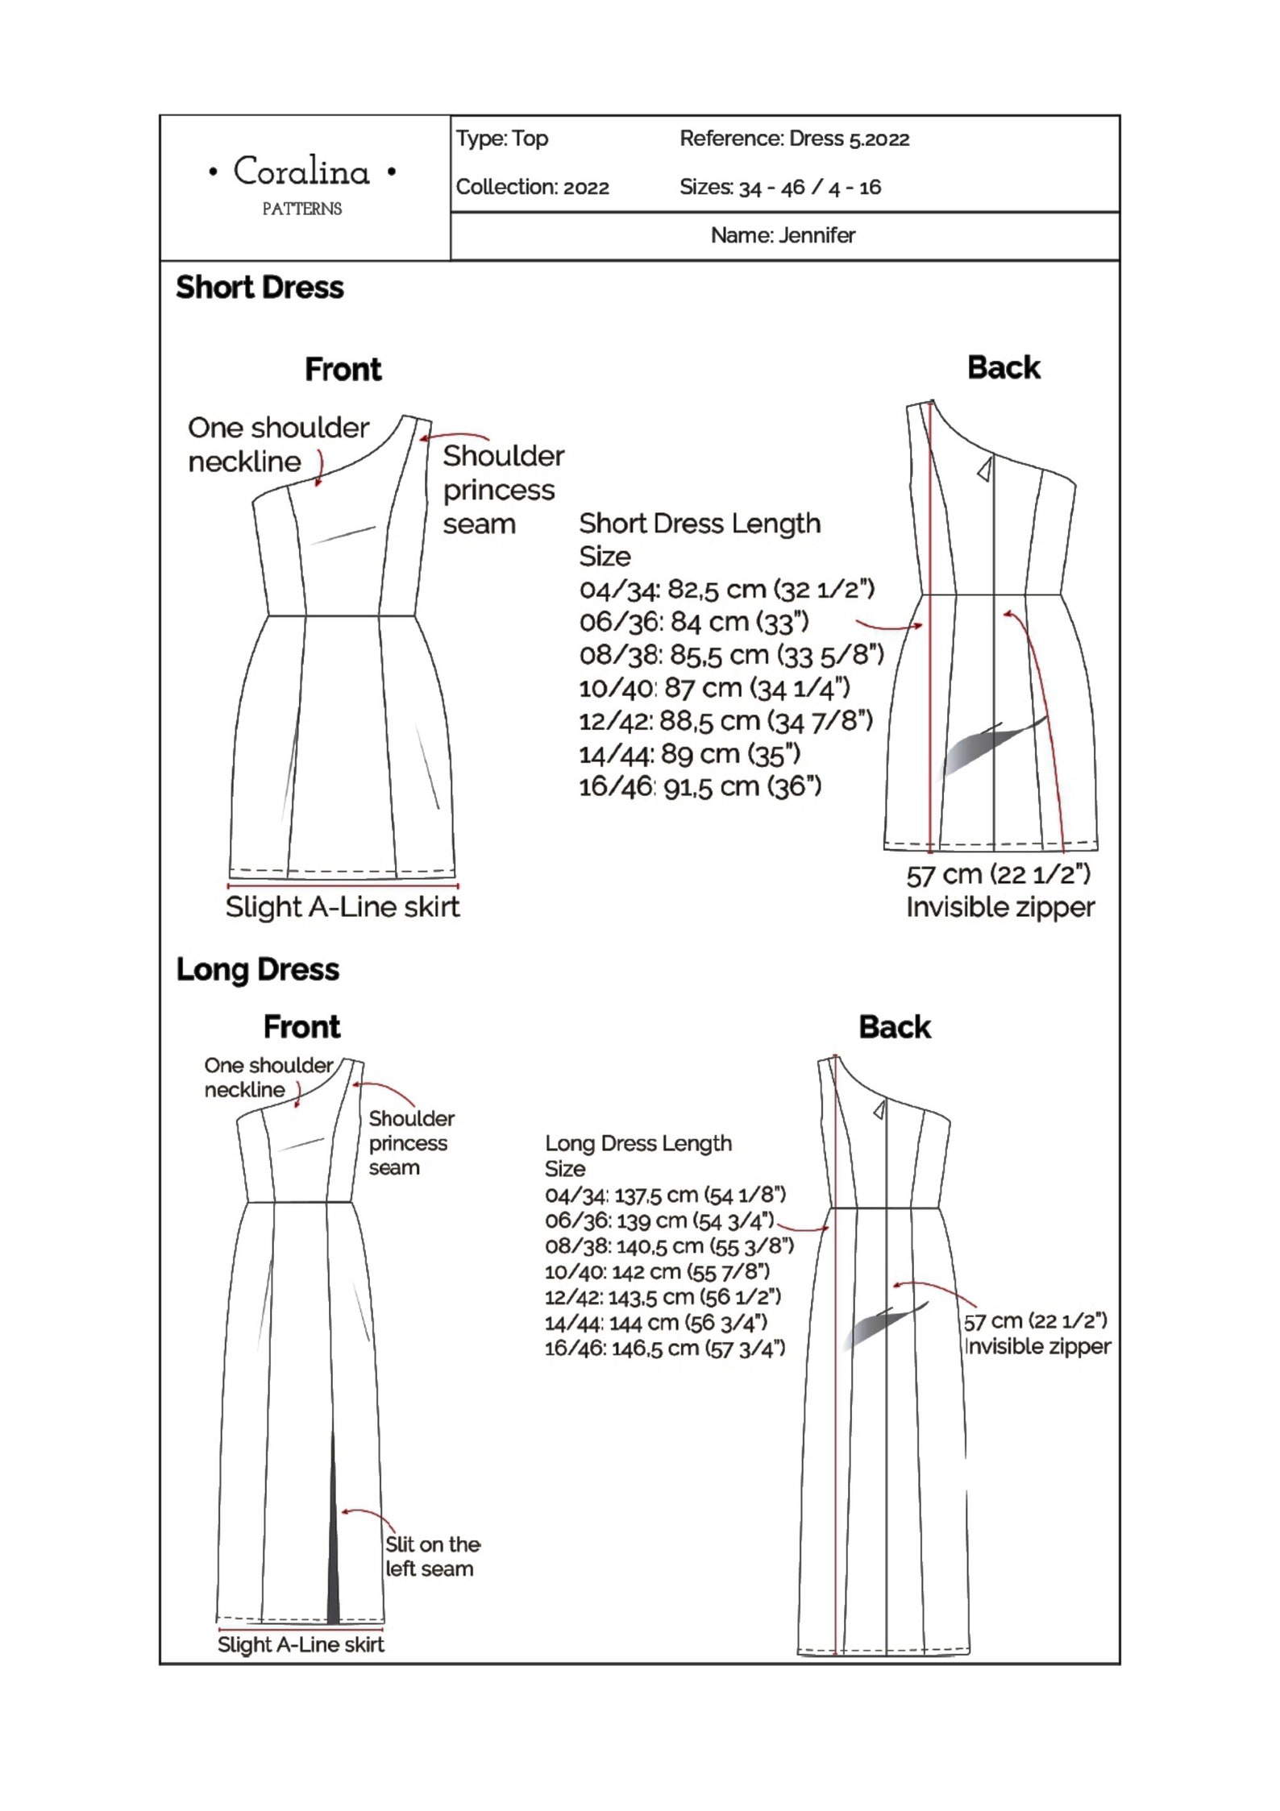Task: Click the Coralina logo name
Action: click(301, 172)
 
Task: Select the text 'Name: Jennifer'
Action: click(783, 235)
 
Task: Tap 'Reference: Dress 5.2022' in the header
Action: click(794, 139)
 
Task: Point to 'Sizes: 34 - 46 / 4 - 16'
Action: click(779, 188)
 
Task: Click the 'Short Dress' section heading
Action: click(260, 288)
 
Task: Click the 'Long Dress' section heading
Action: click(257, 969)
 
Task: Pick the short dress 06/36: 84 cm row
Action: click(693, 622)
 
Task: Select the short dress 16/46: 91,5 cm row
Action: click(700, 786)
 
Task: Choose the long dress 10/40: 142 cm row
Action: click(657, 1271)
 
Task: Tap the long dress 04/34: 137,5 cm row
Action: click(665, 1194)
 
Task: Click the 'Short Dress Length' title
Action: click(700, 524)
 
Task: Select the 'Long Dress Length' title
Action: click(638, 1143)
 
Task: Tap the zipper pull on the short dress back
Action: click(984, 470)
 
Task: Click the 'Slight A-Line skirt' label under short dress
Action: click(343, 907)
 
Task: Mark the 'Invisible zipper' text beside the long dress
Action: click(1038, 1346)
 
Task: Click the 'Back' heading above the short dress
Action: click(1004, 368)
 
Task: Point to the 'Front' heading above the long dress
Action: click(301, 1027)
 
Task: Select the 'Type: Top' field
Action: click(502, 139)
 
